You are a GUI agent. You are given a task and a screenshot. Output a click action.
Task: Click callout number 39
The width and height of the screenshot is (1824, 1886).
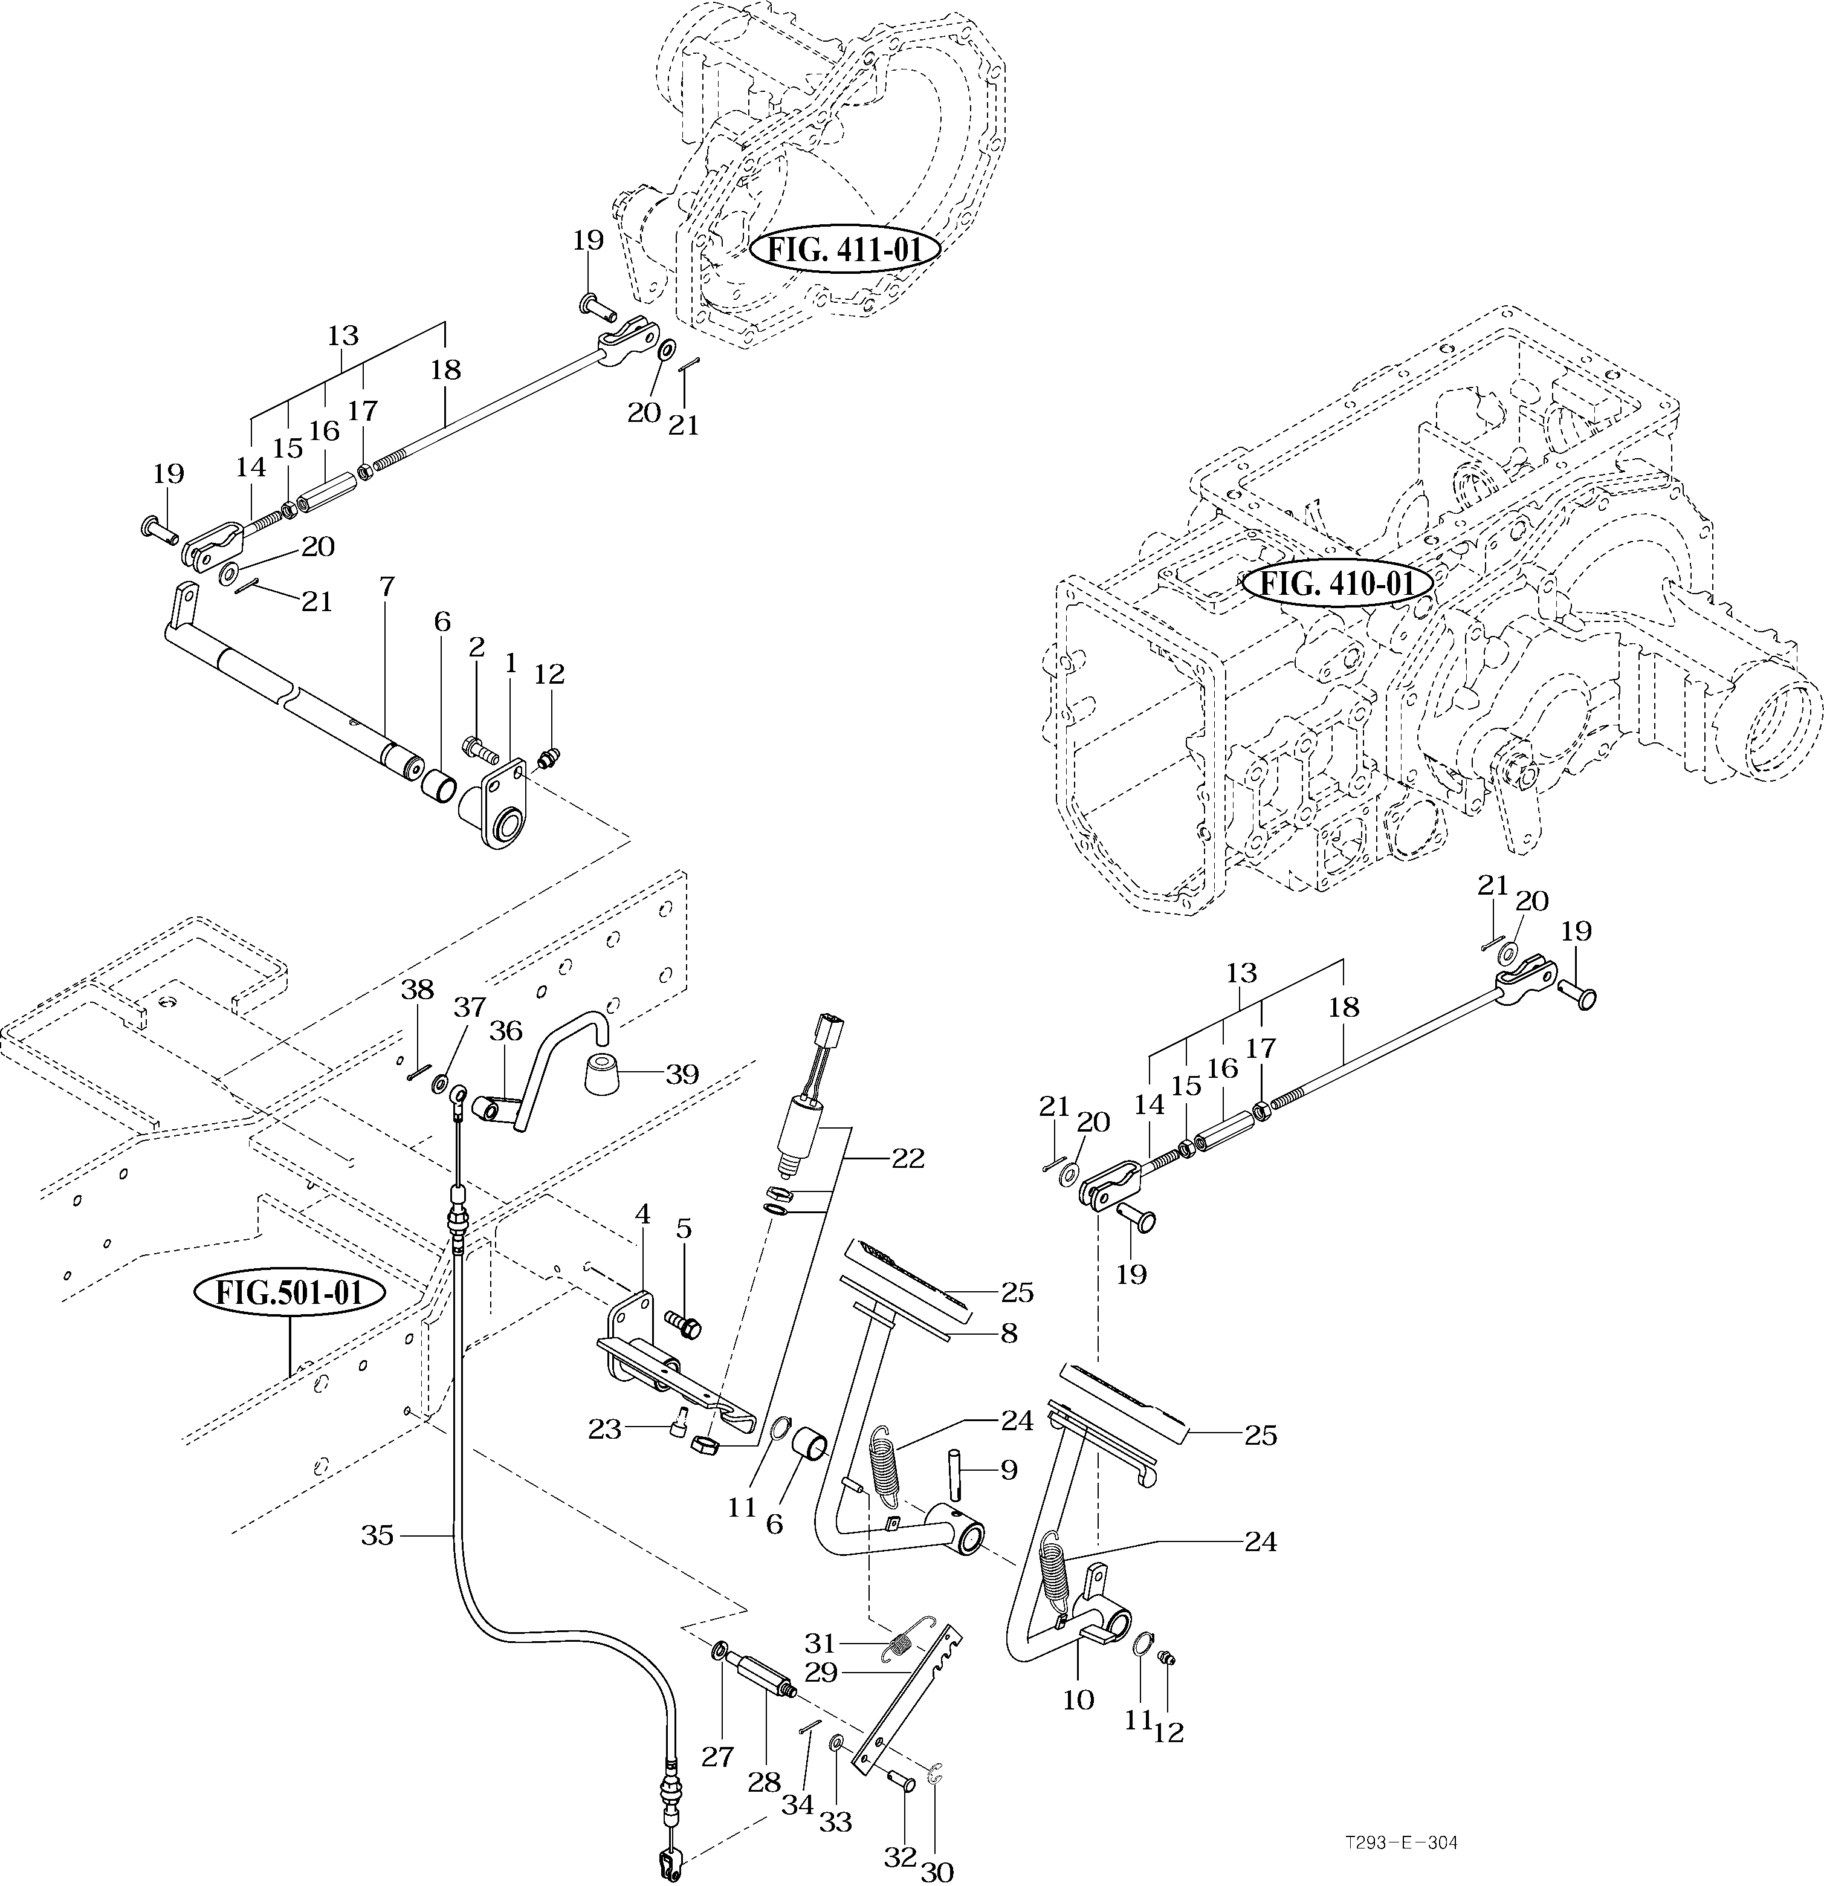click(682, 1074)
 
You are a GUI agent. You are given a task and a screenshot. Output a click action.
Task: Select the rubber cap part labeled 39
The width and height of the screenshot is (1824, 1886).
click(602, 1073)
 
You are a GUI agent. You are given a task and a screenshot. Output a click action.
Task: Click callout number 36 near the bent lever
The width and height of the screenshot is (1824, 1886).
click(505, 1031)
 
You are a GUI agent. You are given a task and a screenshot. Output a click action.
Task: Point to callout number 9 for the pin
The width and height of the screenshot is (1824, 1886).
click(1008, 1470)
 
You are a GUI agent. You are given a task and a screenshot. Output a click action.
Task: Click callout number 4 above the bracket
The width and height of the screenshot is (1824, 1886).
click(642, 1214)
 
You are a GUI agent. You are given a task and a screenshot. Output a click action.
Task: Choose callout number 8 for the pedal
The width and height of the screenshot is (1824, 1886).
click(1008, 1333)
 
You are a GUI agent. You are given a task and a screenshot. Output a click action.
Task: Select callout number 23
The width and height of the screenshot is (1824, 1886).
click(605, 1430)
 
